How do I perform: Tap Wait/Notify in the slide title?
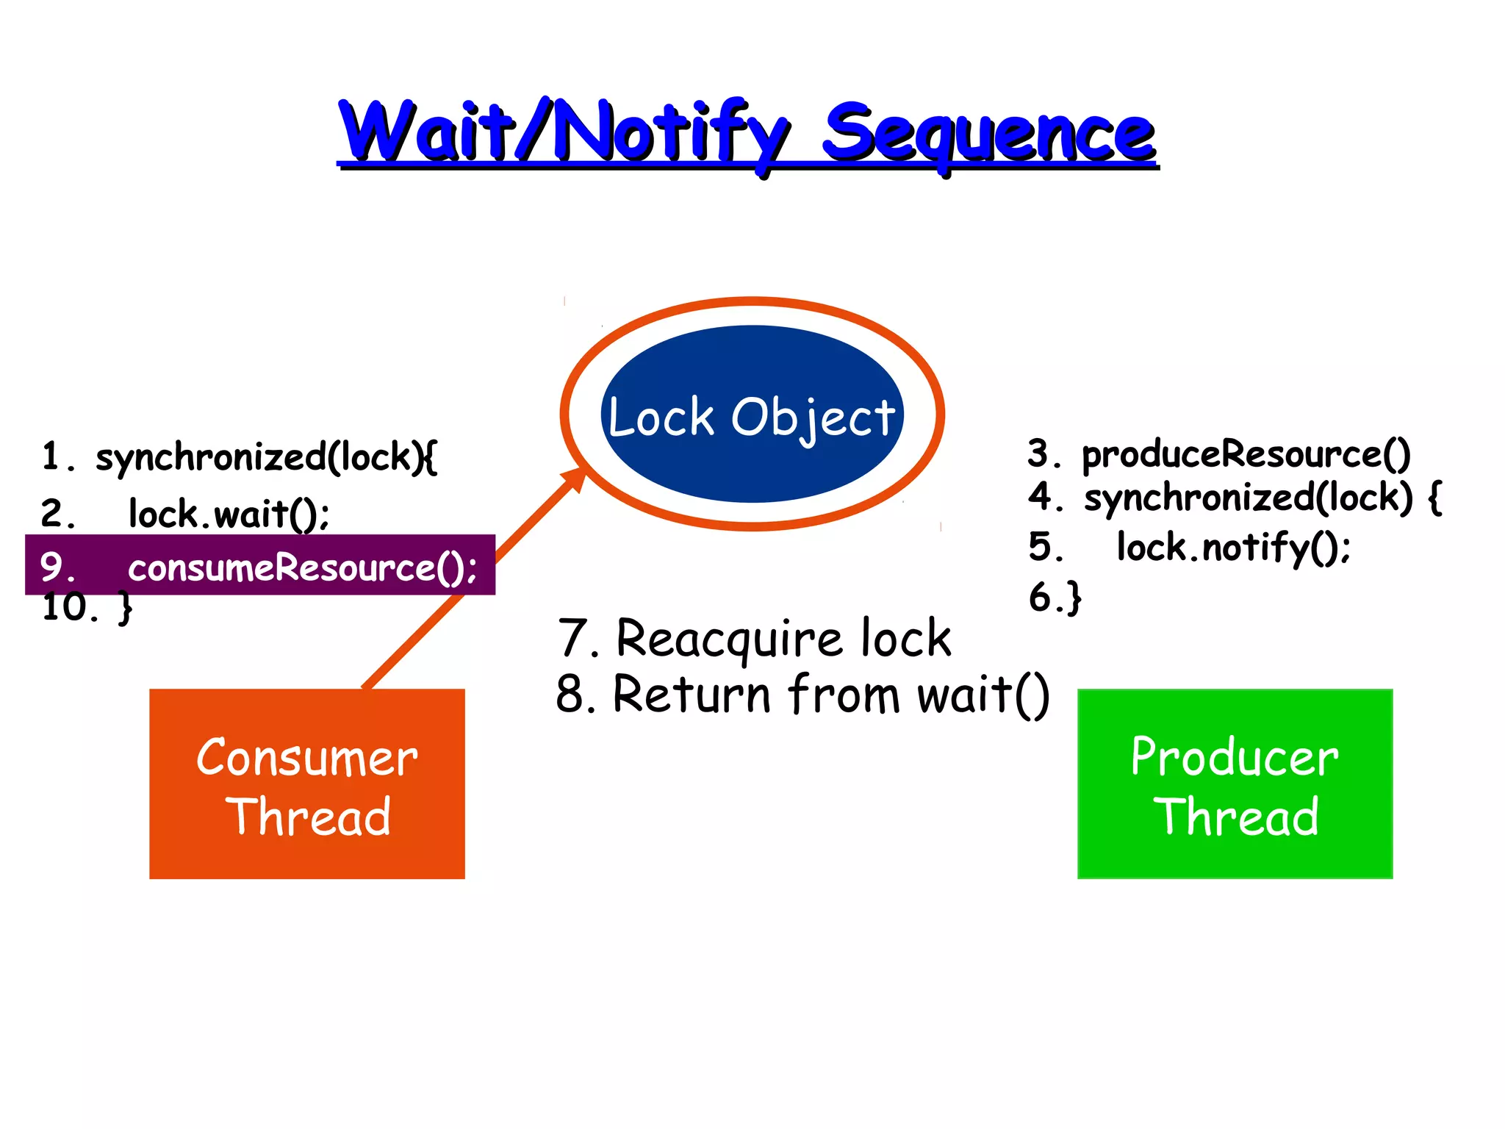tap(562, 131)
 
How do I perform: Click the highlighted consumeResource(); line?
tap(301, 567)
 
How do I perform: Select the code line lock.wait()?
tap(229, 513)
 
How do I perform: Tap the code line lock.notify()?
tap(1233, 548)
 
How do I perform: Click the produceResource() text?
tap(1246, 454)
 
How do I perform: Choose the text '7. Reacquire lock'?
tap(754, 638)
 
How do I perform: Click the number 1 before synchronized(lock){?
tap(50, 456)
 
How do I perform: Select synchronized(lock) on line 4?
tap(1248, 498)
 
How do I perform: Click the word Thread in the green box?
tap(1236, 817)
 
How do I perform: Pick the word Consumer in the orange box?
tap(307, 758)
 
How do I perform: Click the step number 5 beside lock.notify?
tap(1042, 548)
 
